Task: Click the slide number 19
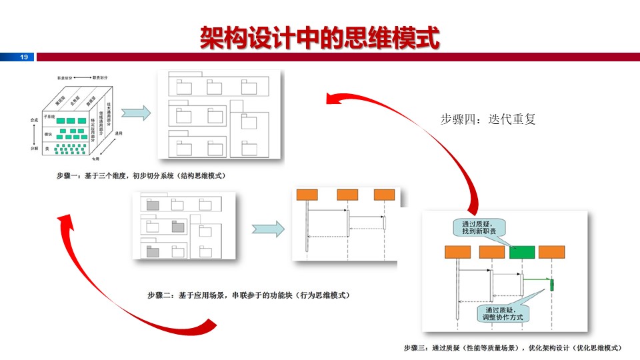click(x=24, y=57)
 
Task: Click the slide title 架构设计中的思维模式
click(x=320, y=38)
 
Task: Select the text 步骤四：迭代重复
click(x=488, y=119)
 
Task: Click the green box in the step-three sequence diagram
click(x=522, y=252)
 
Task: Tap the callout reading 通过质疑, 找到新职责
click(x=478, y=227)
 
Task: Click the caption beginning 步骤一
click(x=141, y=176)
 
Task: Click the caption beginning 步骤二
click(x=249, y=295)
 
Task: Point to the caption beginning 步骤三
click(x=513, y=347)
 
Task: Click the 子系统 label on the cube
click(x=48, y=116)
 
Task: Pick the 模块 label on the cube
click(x=47, y=134)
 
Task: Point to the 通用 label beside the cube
click(x=118, y=134)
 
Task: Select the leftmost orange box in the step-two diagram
click(x=307, y=195)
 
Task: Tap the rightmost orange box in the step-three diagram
click(x=552, y=252)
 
